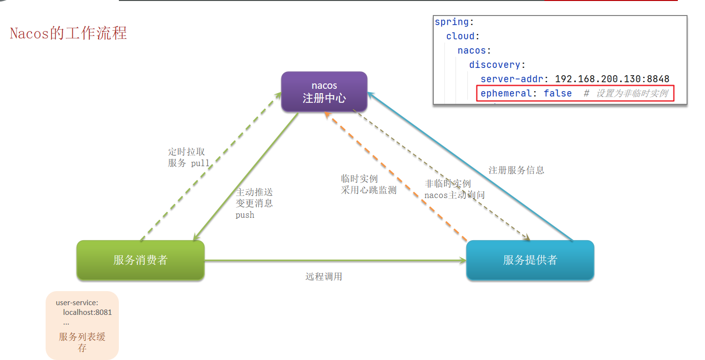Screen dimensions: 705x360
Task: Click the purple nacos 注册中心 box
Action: pos(324,92)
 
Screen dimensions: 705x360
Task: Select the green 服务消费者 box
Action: pos(141,260)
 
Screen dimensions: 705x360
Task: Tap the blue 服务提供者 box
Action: pos(530,260)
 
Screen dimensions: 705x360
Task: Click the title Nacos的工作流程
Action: pos(68,33)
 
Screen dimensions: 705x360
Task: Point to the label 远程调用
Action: pos(324,277)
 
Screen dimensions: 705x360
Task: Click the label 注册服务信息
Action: pos(516,170)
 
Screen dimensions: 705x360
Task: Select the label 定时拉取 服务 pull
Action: pos(189,157)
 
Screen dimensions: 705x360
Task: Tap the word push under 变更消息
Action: pos(245,215)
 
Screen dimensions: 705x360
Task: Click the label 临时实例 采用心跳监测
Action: pos(369,184)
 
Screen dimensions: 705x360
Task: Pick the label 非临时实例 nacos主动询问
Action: pos(455,189)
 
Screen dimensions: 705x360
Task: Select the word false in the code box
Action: pos(557,93)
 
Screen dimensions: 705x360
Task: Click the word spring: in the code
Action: pos(454,22)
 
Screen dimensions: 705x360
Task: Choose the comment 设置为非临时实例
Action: pos(632,93)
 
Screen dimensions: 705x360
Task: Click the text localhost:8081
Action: pos(87,312)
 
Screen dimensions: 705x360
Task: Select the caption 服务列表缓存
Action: pos(82,343)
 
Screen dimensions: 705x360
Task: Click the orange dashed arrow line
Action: pos(395,176)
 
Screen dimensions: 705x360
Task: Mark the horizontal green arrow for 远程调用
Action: pos(335,260)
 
